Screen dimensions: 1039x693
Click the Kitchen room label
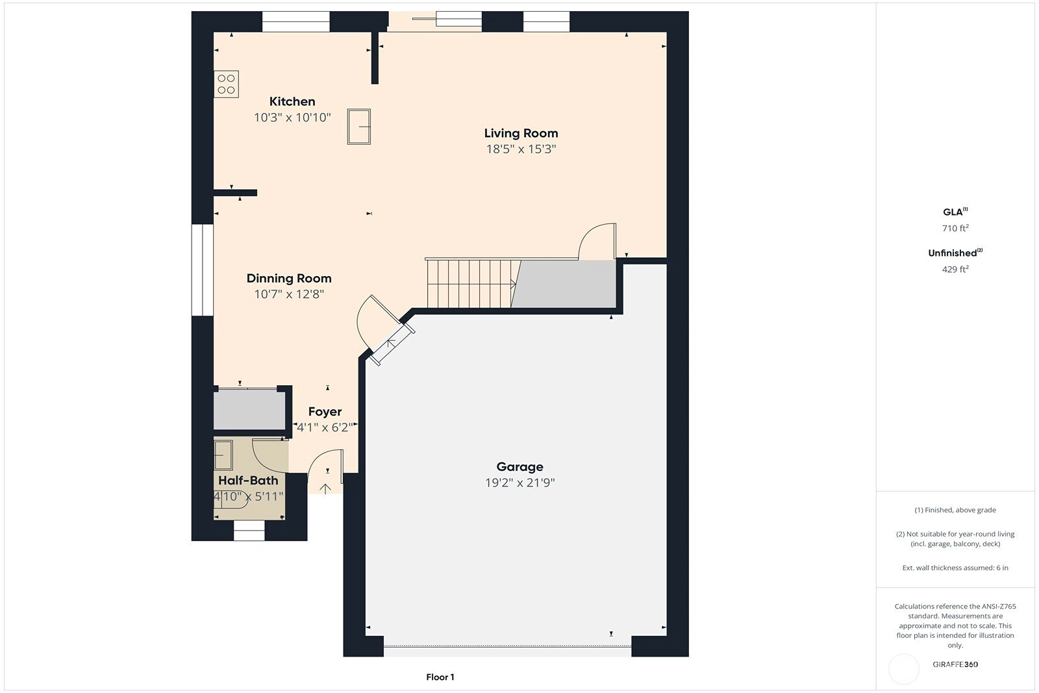click(x=292, y=101)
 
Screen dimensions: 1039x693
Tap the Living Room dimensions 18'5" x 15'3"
click(x=521, y=149)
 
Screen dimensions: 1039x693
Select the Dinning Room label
click(x=289, y=279)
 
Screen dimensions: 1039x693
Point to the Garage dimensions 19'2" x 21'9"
click(x=519, y=483)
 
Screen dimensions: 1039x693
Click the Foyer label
click(x=325, y=412)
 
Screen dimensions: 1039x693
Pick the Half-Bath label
click(x=248, y=481)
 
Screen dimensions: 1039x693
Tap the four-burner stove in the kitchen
click(x=227, y=84)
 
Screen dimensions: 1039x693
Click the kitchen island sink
click(x=359, y=127)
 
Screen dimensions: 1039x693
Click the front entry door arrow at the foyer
click(x=325, y=489)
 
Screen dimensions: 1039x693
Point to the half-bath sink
click(x=223, y=455)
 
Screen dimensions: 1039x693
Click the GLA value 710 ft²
click(x=955, y=228)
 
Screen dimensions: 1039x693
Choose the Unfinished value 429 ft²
click(x=955, y=269)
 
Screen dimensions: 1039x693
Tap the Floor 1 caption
click(x=440, y=677)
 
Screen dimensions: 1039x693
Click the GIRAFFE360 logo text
click(x=955, y=664)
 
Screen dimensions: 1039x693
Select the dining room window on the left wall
click(x=203, y=270)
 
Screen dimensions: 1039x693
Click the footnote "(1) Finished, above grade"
click(x=955, y=510)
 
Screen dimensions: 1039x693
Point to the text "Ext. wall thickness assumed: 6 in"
click(x=955, y=568)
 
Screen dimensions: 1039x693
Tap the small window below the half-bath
click(x=249, y=530)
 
